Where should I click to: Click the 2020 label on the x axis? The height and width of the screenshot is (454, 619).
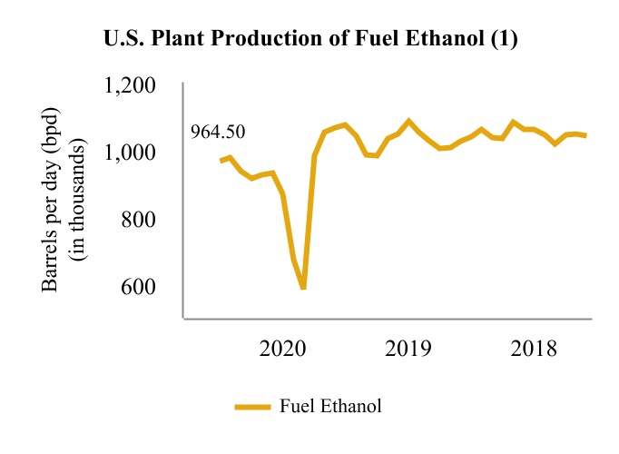click(282, 350)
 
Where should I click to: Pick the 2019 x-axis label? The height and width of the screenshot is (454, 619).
click(408, 350)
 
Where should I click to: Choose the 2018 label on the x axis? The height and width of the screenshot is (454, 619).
click(533, 350)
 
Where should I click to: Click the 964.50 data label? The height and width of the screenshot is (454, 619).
click(217, 133)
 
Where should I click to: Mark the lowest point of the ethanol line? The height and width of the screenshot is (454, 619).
click(303, 289)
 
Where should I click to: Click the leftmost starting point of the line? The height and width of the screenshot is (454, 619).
click(221, 161)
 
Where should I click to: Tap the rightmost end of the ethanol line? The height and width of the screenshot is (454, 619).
click(586, 135)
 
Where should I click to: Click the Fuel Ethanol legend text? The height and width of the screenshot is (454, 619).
click(331, 406)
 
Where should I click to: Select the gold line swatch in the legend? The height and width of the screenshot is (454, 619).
click(253, 407)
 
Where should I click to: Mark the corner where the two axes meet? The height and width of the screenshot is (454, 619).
click(184, 319)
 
